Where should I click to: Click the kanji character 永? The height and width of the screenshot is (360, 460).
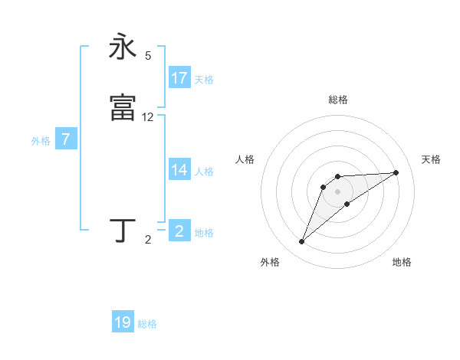pyautogui.click(x=123, y=47)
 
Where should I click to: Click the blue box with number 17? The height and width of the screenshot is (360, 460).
pyautogui.click(x=179, y=77)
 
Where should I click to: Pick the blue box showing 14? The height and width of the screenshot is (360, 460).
pyautogui.click(x=179, y=170)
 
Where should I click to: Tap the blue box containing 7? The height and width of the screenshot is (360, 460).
pyautogui.click(x=67, y=139)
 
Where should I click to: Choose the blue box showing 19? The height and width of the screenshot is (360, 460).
pyautogui.click(x=123, y=322)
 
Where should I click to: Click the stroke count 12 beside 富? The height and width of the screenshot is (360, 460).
pyautogui.click(x=148, y=117)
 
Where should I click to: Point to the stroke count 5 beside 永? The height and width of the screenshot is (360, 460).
pyautogui.click(x=148, y=56)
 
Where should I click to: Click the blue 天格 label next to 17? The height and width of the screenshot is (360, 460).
pyautogui.click(x=204, y=79)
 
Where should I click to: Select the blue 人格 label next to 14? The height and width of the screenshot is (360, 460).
pyautogui.click(x=204, y=172)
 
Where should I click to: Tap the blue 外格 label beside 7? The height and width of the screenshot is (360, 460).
pyautogui.click(x=41, y=141)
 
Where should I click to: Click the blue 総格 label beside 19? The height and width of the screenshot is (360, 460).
pyautogui.click(x=147, y=324)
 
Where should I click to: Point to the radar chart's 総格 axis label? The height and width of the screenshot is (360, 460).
pyautogui.click(x=338, y=100)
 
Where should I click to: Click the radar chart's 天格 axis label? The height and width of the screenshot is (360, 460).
pyautogui.click(x=431, y=159)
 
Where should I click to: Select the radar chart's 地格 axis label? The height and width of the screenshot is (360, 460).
pyautogui.click(x=402, y=262)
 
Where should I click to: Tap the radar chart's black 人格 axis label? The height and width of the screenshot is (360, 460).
pyautogui.click(x=245, y=159)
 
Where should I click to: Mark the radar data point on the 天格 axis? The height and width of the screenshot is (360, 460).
pyautogui.click(x=396, y=172)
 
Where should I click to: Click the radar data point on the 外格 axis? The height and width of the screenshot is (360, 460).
pyautogui.click(x=302, y=242)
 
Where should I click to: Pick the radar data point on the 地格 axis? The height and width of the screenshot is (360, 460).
pyautogui.click(x=347, y=204)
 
